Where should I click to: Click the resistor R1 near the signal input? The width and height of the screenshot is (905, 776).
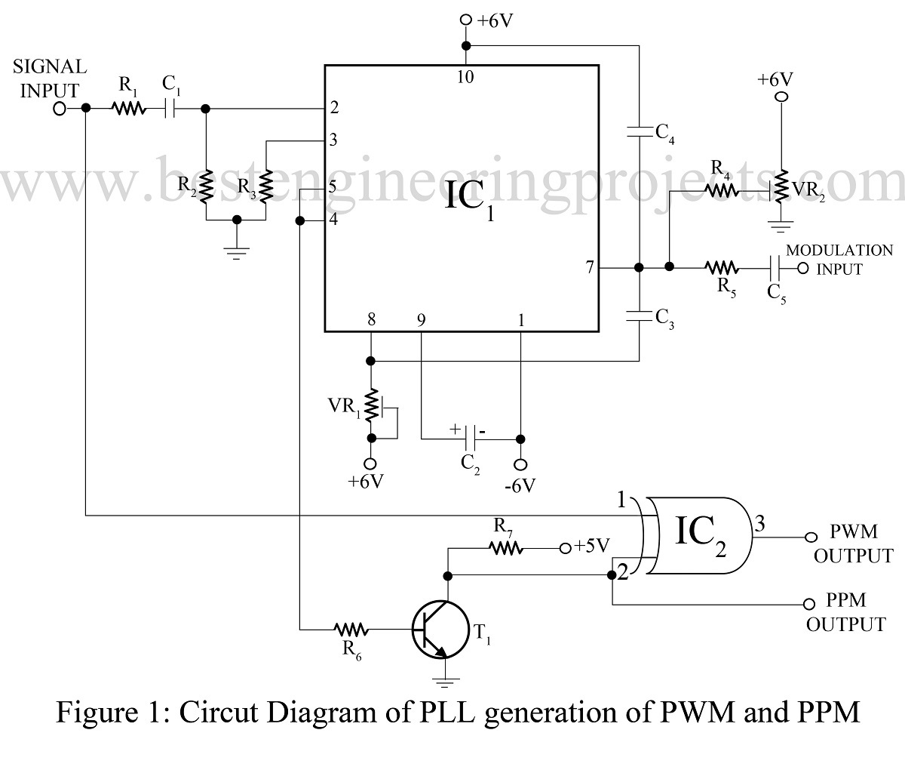[x=129, y=109]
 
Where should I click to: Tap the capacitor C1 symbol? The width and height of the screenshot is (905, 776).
[x=170, y=109]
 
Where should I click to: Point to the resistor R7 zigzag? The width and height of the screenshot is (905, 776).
[x=506, y=549]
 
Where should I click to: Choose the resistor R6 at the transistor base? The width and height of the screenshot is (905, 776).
[x=351, y=629]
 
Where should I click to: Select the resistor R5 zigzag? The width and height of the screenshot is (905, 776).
[x=722, y=267]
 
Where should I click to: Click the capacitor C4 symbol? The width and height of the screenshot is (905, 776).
[x=640, y=131]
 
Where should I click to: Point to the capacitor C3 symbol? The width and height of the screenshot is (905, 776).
[x=640, y=316]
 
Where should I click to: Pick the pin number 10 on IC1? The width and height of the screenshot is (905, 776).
[x=465, y=76]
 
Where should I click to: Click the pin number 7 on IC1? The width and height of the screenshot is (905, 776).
[x=589, y=267]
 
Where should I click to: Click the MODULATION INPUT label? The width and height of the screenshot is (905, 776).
[x=839, y=259]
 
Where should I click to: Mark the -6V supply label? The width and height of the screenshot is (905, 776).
[x=520, y=485]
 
